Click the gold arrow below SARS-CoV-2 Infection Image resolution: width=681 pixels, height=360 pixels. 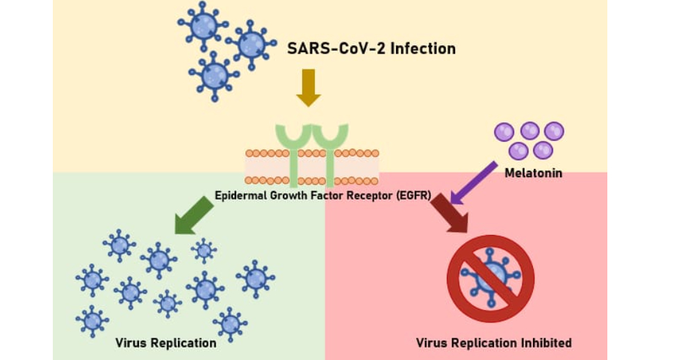[x=309, y=87]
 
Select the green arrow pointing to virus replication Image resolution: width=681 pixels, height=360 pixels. [x=194, y=215]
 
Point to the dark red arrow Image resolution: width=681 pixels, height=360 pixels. [x=450, y=213]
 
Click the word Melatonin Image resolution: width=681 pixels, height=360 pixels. [x=533, y=172]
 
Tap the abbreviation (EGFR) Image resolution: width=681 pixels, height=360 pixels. [x=414, y=195]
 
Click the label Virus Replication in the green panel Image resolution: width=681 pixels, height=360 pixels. [x=165, y=343]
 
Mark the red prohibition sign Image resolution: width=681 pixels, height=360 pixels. [x=490, y=278]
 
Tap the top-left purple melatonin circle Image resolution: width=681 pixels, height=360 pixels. [x=504, y=131]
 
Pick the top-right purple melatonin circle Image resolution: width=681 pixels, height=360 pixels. [x=554, y=131]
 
